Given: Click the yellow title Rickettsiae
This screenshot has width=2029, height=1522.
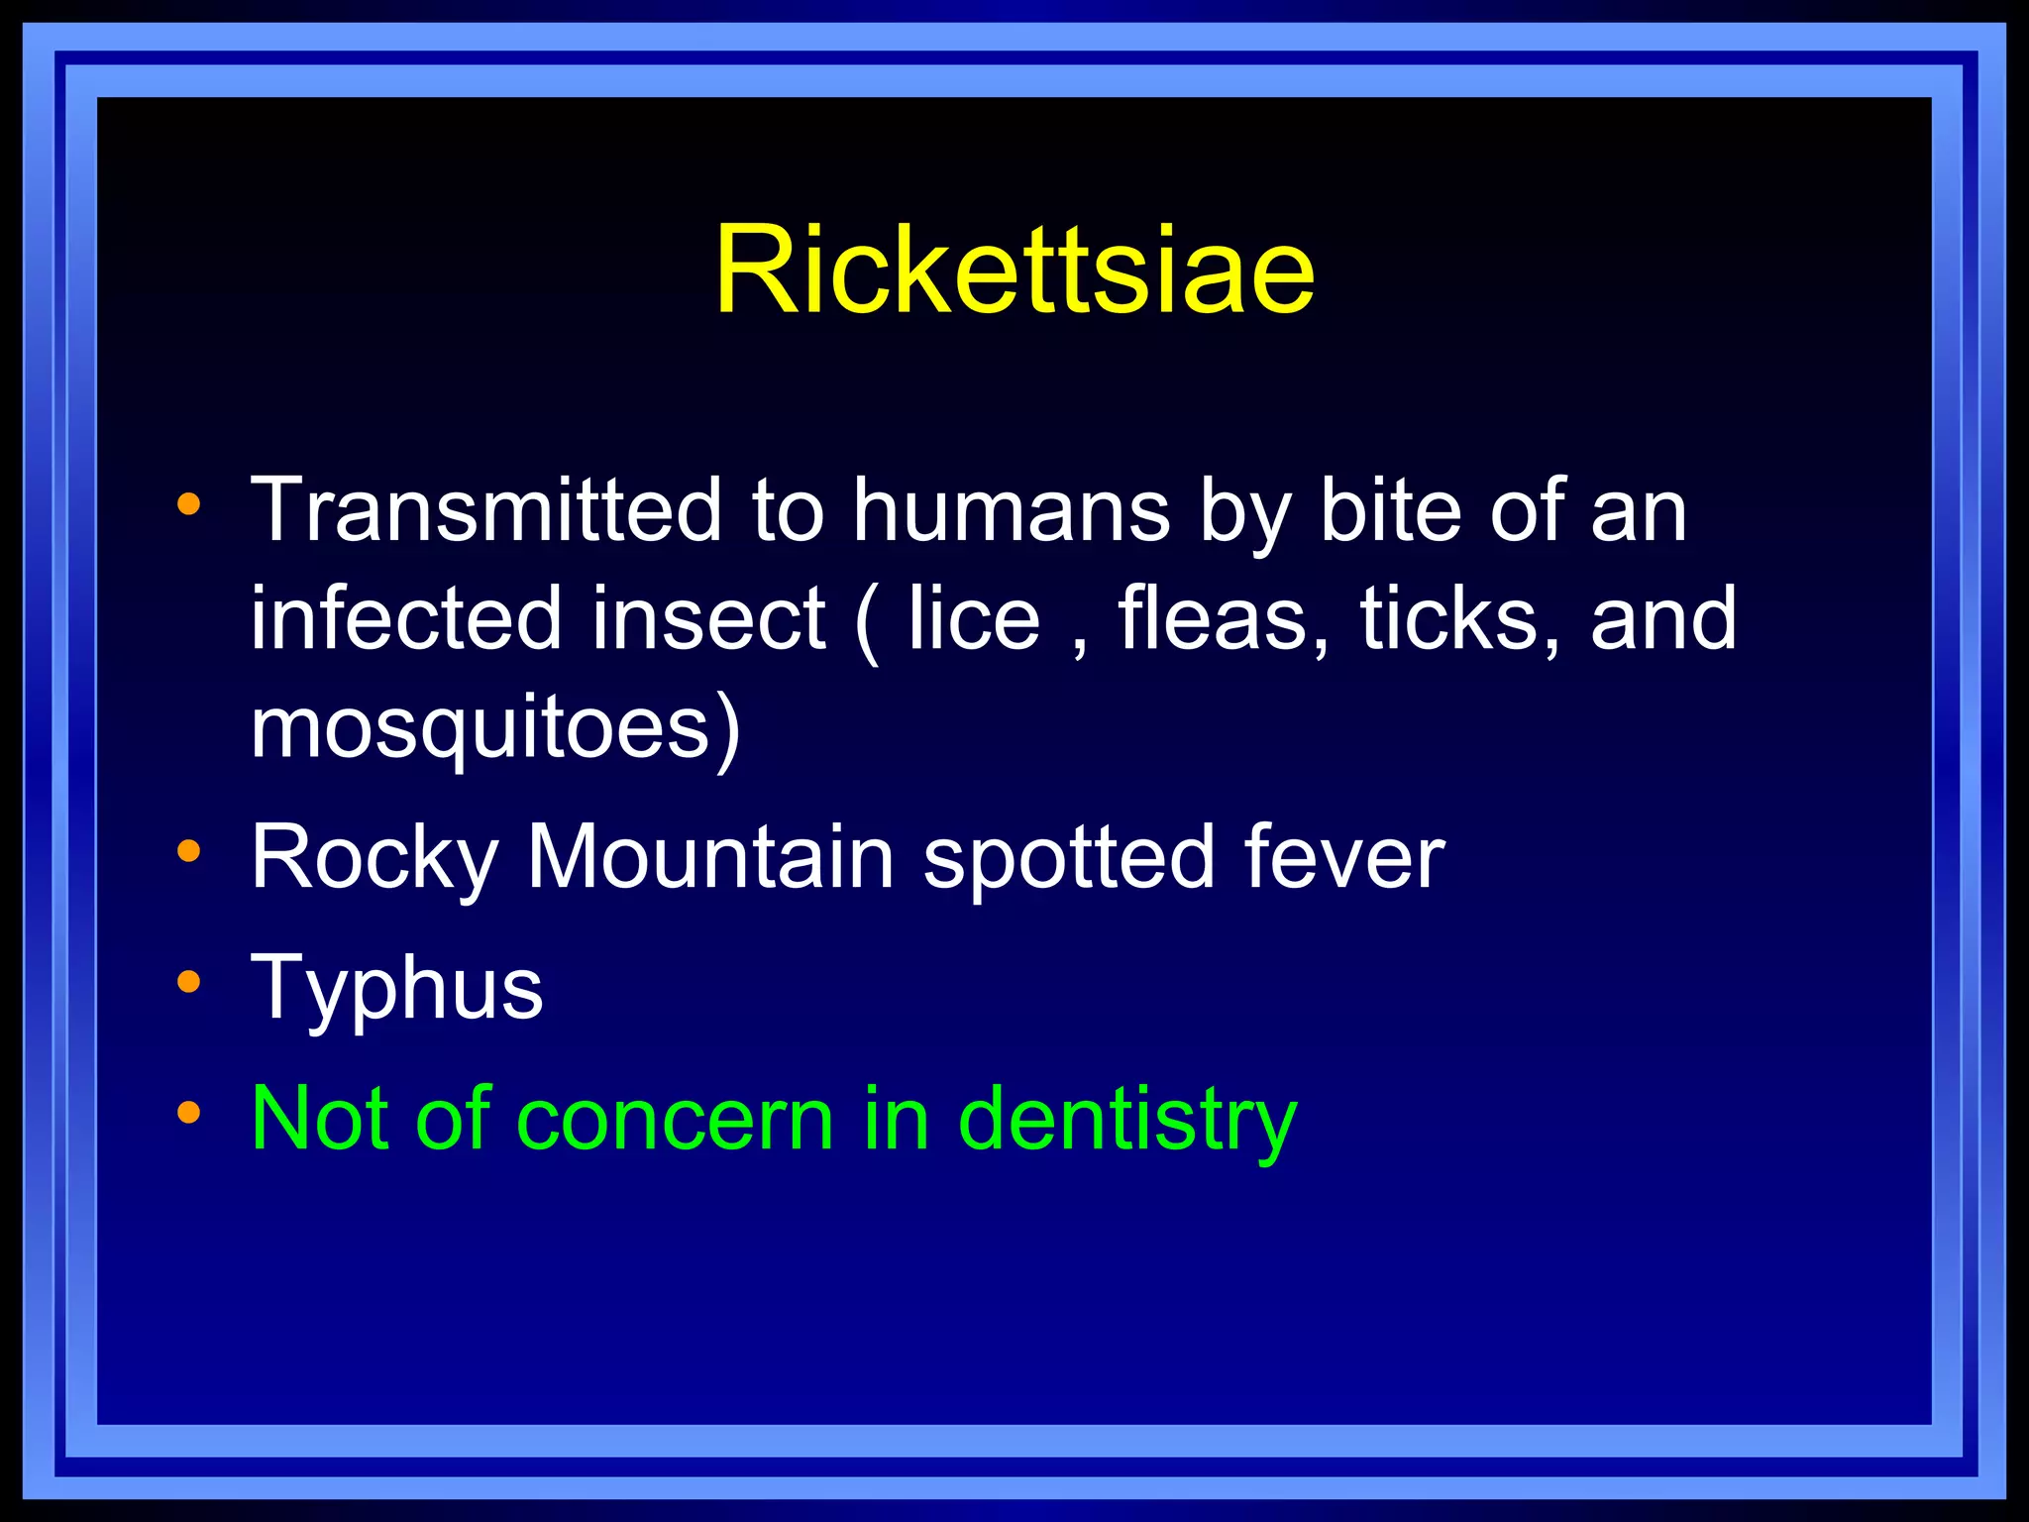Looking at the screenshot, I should click(1014, 270).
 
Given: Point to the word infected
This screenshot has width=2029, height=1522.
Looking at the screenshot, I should click(405, 618).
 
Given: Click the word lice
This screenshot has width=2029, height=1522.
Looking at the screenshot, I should click(974, 618).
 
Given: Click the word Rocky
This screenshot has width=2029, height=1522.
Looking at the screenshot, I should click(374, 857).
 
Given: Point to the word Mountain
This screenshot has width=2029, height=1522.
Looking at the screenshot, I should click(710, 857).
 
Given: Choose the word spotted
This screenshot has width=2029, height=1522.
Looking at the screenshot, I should click(1068, 857).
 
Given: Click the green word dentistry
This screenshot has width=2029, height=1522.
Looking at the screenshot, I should click(1127, 1120).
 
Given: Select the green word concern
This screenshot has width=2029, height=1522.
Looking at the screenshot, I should click(675, 1120).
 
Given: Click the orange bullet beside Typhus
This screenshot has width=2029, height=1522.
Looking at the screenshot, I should click(188, 982).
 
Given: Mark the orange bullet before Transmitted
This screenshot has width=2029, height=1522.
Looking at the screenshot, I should click(188, 505).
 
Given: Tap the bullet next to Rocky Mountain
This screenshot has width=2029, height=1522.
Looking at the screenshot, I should click(188, 850).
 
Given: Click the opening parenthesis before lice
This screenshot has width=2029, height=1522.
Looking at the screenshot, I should click(866, 622).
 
